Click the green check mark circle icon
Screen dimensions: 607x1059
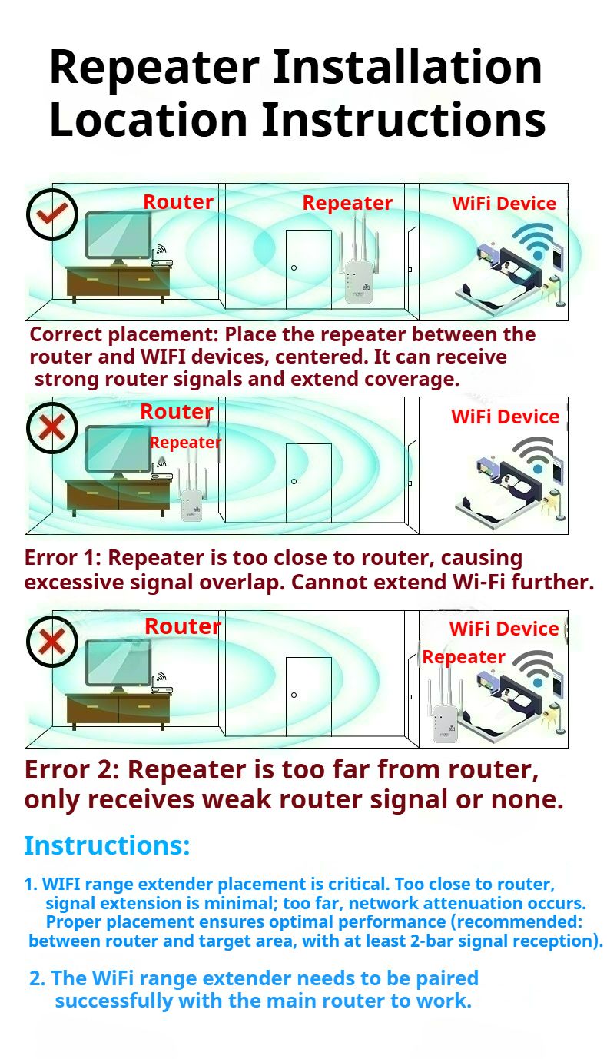(x=52, y=214)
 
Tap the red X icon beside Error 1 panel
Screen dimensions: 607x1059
(x=52, y=428)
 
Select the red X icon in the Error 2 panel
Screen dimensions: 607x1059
(x=52, y=642)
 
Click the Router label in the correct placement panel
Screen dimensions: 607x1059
(x=178, y=202)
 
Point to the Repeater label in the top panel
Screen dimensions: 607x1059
(x=347, y=204)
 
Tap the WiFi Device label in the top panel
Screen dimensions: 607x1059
(x=504, y=204)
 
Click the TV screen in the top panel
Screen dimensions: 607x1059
(x=118, y=235)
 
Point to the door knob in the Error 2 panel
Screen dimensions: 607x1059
(x=294, y=695)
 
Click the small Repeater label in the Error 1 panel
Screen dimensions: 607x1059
(x=185, y=443)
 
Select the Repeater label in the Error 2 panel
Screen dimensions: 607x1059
(x=464, y=657)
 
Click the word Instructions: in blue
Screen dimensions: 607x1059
(x=107, y=846)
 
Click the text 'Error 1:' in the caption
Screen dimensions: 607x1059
(x=63, y=558)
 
